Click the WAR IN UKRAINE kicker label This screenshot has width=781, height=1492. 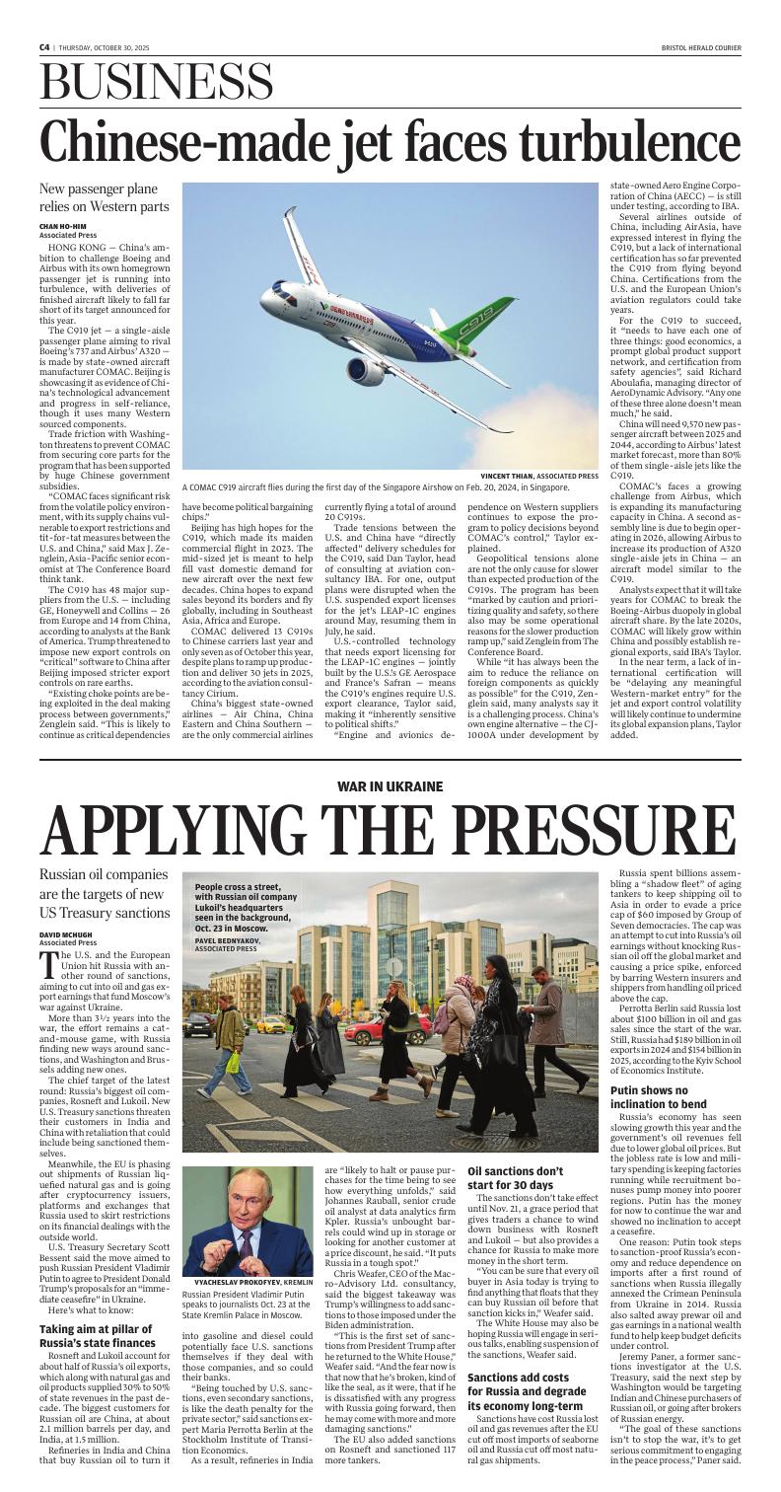click(390, 785)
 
